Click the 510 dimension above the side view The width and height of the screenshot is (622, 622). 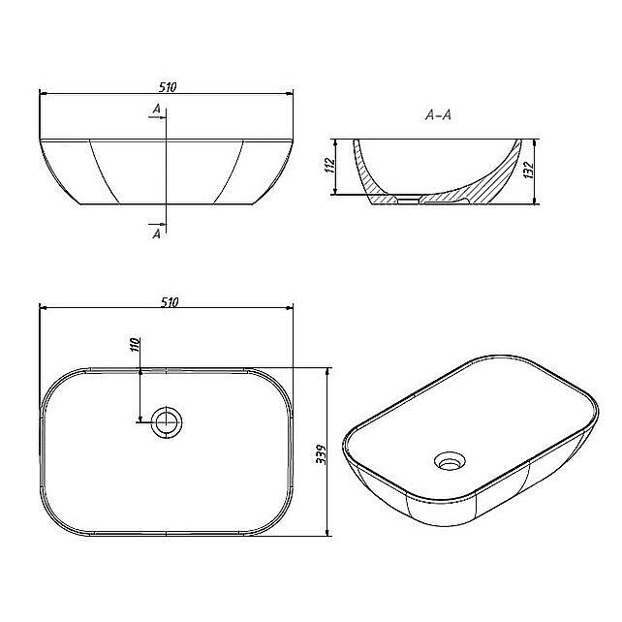point(168,87)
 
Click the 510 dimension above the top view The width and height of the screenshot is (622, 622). point(170,302)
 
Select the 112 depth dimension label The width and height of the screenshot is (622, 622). point(329,165)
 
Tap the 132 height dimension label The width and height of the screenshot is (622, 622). point(529,170)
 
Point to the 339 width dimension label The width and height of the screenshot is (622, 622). point(321,454)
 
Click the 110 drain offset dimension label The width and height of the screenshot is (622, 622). point(135,345)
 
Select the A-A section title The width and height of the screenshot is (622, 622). point(438,115)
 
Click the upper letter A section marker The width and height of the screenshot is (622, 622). point(157,109)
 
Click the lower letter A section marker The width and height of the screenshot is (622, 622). point(157,234)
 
